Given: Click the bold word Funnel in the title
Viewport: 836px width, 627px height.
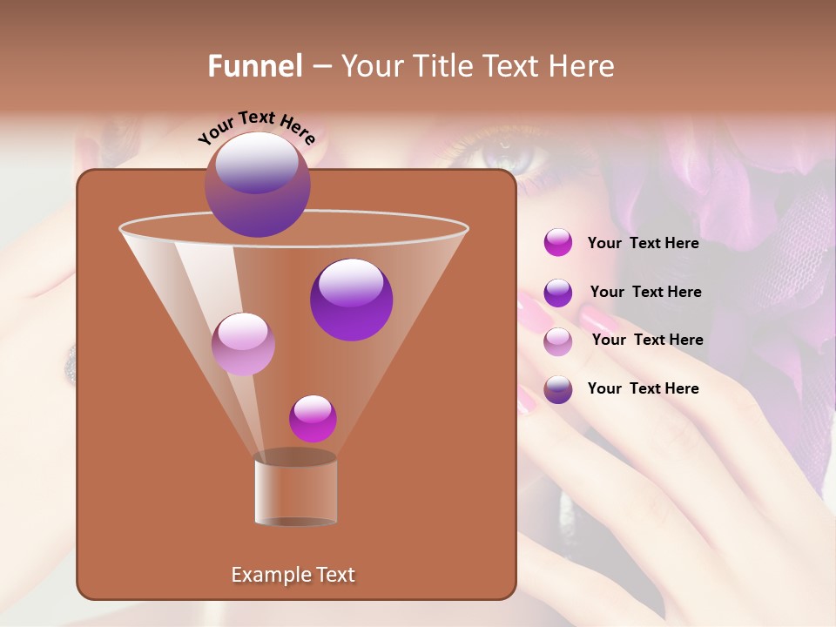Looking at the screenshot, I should point(255,66).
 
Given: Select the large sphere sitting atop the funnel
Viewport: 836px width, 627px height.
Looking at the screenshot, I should point(257,185).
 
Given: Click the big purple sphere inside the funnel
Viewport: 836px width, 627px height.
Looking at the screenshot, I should point(351,299).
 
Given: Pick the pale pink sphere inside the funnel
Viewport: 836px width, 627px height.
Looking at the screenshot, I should point(243,344).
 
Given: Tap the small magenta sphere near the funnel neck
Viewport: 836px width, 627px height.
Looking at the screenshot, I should point(313,419).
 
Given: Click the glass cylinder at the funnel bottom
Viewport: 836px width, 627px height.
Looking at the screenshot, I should point(295,489).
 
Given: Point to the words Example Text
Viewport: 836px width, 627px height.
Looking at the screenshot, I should point(293,575).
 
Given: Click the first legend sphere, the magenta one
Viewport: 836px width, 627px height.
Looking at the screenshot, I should point(558,243).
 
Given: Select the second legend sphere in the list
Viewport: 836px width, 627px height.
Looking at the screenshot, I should point(558,293).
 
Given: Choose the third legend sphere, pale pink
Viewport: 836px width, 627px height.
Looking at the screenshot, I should point(558,341).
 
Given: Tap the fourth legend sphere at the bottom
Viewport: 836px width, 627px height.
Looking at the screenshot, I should point(558,389).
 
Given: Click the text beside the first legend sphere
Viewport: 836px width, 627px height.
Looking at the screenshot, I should point(643,243).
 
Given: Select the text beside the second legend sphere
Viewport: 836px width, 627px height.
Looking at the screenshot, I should point(645,292).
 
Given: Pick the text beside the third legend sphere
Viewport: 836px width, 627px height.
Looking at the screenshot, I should point(647,340).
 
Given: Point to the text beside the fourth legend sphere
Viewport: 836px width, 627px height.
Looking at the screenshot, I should point(643,388).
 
